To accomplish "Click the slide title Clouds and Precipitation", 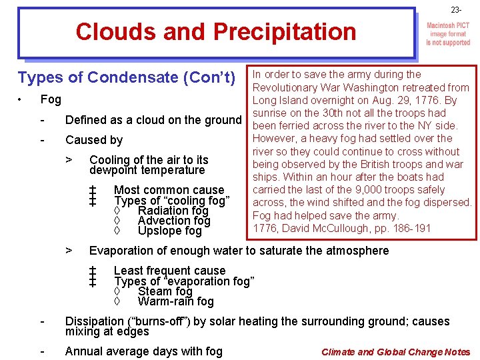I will click(x=216, y=31).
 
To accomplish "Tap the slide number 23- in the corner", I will click(x=456, y=10).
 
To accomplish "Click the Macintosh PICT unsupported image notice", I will click(x=448, y=33).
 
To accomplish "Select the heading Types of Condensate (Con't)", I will click(x=127, y=78).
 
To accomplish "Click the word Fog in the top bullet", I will click(x=51, y=99).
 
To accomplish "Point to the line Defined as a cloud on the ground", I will click(x=153, y=120).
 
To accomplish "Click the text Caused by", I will click(x=94, y=140).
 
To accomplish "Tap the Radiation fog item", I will click(x=173, y=211).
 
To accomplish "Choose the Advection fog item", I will click(x=174, y=221).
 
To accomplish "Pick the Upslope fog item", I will click(x=169, y=231).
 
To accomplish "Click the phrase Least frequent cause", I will click(x=169, y=271).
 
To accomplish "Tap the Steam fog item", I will click(x=165, y=291).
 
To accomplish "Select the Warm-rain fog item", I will click(x=175, y=301).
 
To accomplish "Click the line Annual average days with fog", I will click(x=144, y=351).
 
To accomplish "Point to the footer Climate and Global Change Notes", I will click(x=395, y=352).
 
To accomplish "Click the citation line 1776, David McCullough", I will click(x=342, y=229).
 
